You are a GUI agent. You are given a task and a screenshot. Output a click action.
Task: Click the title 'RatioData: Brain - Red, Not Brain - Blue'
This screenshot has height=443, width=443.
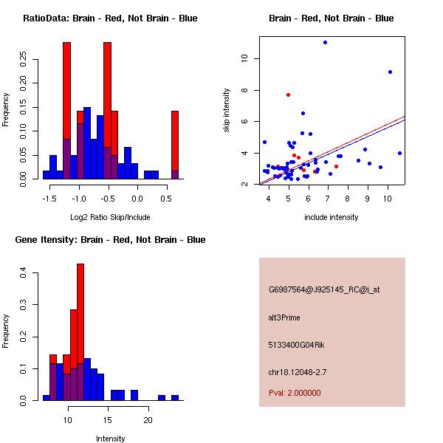coord(110,18)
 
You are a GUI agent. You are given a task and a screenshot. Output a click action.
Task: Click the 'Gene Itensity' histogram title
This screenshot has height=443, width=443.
coord(110,240)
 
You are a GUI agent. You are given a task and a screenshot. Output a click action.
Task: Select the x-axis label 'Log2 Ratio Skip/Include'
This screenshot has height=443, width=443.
coord(110,217)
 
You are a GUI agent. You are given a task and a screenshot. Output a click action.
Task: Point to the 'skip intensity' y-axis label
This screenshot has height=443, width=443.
coord(227,111)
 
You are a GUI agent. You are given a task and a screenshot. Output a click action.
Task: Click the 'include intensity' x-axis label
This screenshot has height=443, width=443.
coord(332,217)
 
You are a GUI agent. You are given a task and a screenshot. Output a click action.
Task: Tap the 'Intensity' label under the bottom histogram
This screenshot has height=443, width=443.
coord(110,439)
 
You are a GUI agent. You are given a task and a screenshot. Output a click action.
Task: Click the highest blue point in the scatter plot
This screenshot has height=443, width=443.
coord(325,42)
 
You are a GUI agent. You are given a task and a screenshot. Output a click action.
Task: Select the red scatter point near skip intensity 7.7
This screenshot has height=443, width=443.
coord(288,95)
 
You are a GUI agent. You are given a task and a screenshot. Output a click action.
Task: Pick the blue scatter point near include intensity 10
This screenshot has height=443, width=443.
coord(390,72)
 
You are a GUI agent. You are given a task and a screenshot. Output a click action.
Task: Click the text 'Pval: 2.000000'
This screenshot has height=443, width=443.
coord(295,393)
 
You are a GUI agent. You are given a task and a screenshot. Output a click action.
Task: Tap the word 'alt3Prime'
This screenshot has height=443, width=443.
coord(284,317)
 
